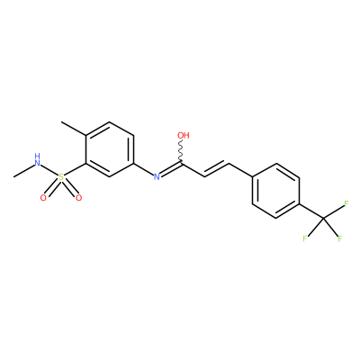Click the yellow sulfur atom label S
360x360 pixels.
61,177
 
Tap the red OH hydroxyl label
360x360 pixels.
184,135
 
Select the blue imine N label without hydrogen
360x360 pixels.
157,176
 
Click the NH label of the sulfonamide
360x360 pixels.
37,160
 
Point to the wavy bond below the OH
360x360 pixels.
181,151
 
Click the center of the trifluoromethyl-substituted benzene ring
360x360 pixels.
276,191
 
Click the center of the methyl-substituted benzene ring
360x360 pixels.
110,149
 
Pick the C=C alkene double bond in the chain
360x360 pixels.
217,169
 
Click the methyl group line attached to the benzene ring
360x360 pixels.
74,129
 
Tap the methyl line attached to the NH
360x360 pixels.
23,170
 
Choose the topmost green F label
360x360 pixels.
346,204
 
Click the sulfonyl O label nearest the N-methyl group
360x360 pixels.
43,198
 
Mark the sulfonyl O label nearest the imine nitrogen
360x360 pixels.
78,198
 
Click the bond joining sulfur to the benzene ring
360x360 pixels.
76,169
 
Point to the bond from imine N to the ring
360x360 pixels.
143,169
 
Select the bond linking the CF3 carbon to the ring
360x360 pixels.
311,211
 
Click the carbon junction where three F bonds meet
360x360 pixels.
323,218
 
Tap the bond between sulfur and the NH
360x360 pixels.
49,170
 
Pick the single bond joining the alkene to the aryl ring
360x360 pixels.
241,170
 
